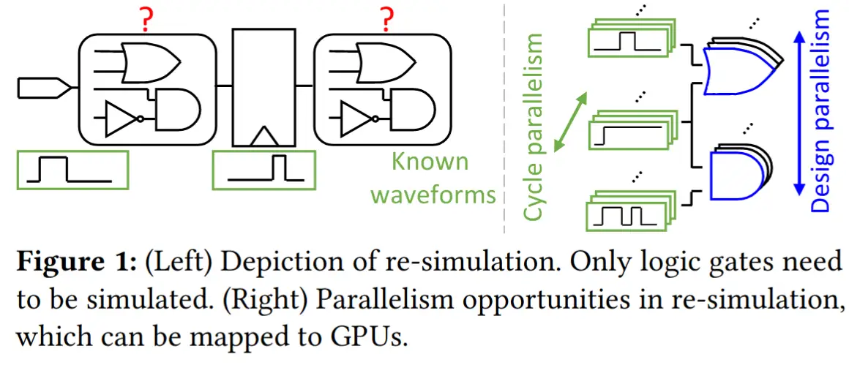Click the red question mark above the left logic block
click(146, 20)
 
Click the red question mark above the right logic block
click(386, 20)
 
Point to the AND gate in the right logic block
click(413, 111)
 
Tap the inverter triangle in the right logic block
click(358, 118)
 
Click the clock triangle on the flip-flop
click(265, 137)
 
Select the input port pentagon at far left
click(44, 88)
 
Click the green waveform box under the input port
click(73, 169)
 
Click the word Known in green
click(430, 162)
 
